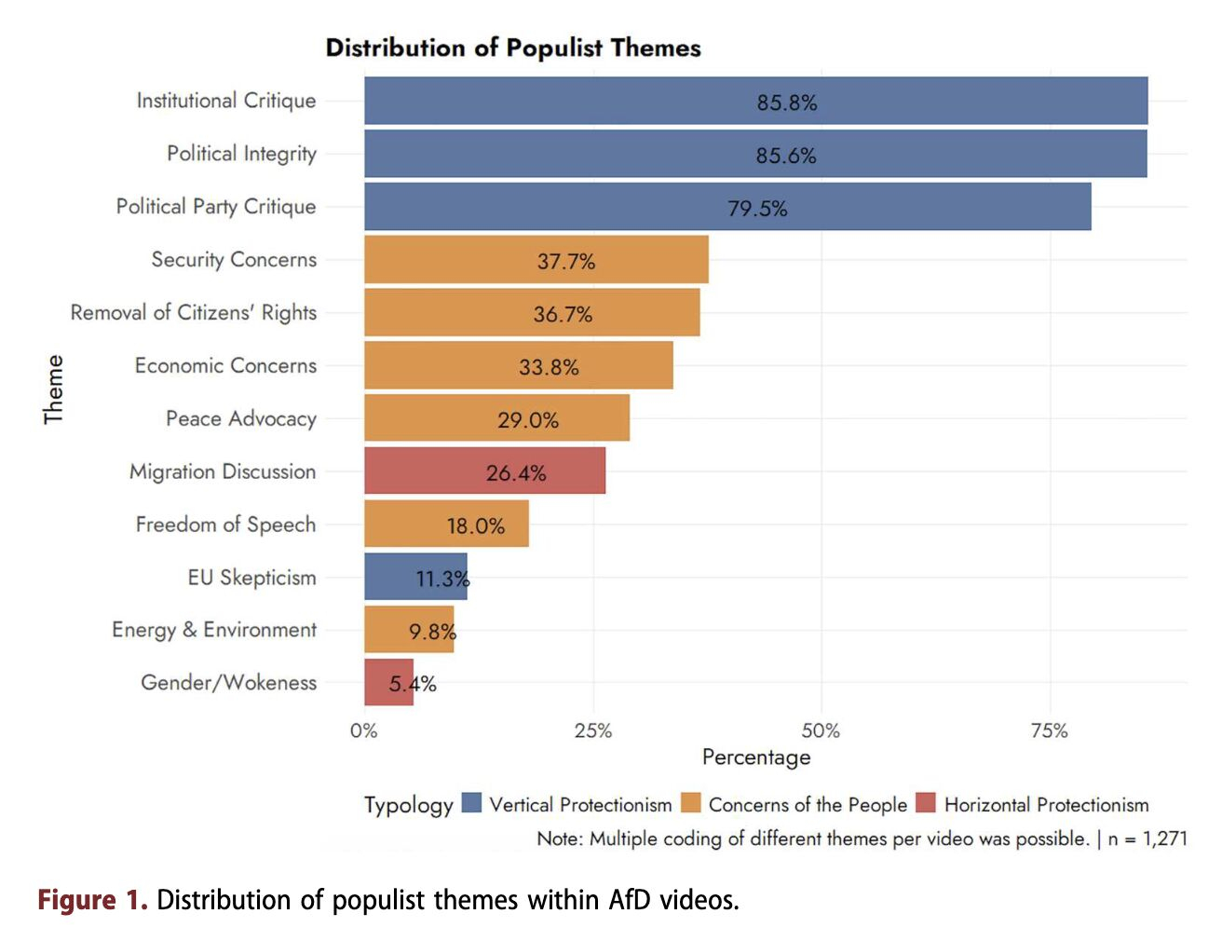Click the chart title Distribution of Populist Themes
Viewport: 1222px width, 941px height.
pos(513,48)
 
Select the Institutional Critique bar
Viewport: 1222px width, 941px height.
pos(755,101)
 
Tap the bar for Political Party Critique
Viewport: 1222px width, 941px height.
pos(726,207)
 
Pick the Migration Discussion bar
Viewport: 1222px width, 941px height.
pos(484,470)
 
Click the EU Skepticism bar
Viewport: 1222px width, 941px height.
pos(415,577)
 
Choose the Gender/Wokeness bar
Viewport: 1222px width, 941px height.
pos(388,682)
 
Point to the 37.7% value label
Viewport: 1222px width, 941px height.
pos(566,261)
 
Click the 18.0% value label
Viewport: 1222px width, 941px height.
pos(476,526)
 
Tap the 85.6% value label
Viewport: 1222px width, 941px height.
pos(786,156)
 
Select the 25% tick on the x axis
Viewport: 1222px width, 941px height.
pos(593,730)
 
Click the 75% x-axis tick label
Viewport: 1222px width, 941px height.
pos(1050,730)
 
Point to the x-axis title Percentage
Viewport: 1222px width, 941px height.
pos(756,757)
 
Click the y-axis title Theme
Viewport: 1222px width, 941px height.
pos(54,389)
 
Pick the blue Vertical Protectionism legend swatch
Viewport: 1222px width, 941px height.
pos(472,803)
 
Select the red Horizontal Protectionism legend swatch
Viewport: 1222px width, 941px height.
pos(926,803)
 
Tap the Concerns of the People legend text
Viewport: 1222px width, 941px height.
pos(808,804)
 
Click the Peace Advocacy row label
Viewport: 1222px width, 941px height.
pos(241,418)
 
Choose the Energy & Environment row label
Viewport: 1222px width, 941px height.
pos(214,630)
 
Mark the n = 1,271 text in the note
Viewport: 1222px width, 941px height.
pos(1147,839)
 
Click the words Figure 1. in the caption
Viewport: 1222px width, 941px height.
pos(92,900)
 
